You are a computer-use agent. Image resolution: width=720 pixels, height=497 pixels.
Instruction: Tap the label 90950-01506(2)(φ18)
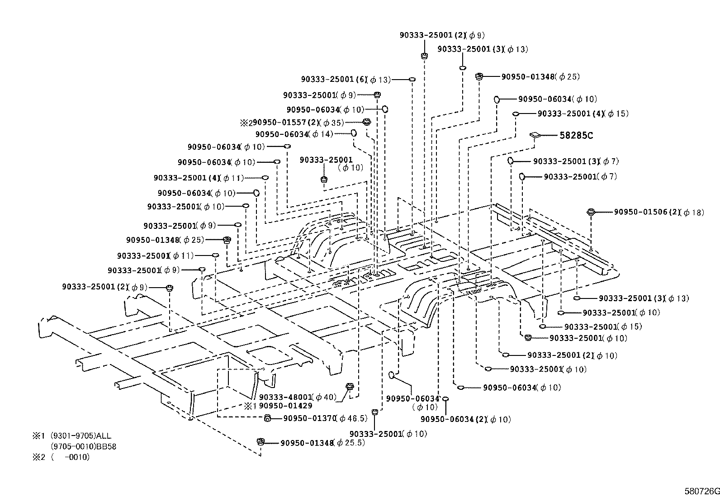[658, 212]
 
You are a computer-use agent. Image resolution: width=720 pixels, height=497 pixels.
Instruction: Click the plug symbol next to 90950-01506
[590, 211]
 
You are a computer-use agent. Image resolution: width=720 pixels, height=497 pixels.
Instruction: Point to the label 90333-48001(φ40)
[298, 397]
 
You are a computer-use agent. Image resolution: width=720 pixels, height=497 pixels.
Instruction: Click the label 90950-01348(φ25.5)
[322, 443]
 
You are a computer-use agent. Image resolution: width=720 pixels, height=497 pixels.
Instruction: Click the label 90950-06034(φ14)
[294, 134]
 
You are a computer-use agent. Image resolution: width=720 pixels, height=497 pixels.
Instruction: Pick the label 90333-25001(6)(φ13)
[346, 80]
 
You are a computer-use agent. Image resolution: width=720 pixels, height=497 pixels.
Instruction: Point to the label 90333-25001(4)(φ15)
[583, 114]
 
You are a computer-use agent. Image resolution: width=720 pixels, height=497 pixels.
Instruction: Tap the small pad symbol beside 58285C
[535, 134]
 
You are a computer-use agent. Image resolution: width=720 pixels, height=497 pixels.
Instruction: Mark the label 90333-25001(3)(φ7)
[576, 161]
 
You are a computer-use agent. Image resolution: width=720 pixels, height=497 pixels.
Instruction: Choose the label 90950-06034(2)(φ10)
[465, 420]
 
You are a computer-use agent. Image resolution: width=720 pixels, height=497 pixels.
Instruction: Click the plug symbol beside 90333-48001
[349, 387]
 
